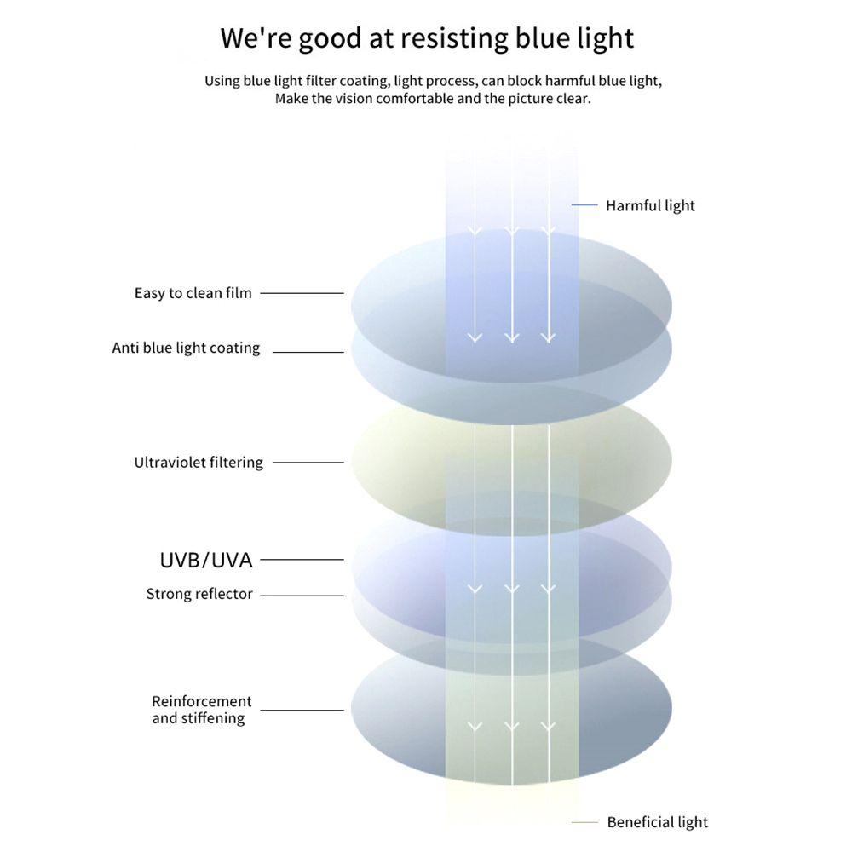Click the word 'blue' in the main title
tap(538, 38)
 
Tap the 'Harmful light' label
tap(650, 205)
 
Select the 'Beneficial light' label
tap(657, 822)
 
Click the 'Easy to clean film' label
tap(193, 293)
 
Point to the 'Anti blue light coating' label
tap(186, 348)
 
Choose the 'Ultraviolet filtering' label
tap(199, 463)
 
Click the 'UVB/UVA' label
tap(206, 560)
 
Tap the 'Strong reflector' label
tap(199, 594)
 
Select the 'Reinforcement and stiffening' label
tap(201, 710)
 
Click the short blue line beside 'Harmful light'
tap(584, 205)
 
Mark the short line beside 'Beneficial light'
tap(584, 822)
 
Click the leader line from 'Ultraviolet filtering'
tap(308, 463)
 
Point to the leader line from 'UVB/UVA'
tap(302, 560)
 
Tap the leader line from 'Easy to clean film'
tap(302, 293)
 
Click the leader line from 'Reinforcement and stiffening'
tap(302, 710)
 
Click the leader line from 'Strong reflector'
tap(302, 596)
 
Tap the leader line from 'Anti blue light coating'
tap(308, 352)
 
